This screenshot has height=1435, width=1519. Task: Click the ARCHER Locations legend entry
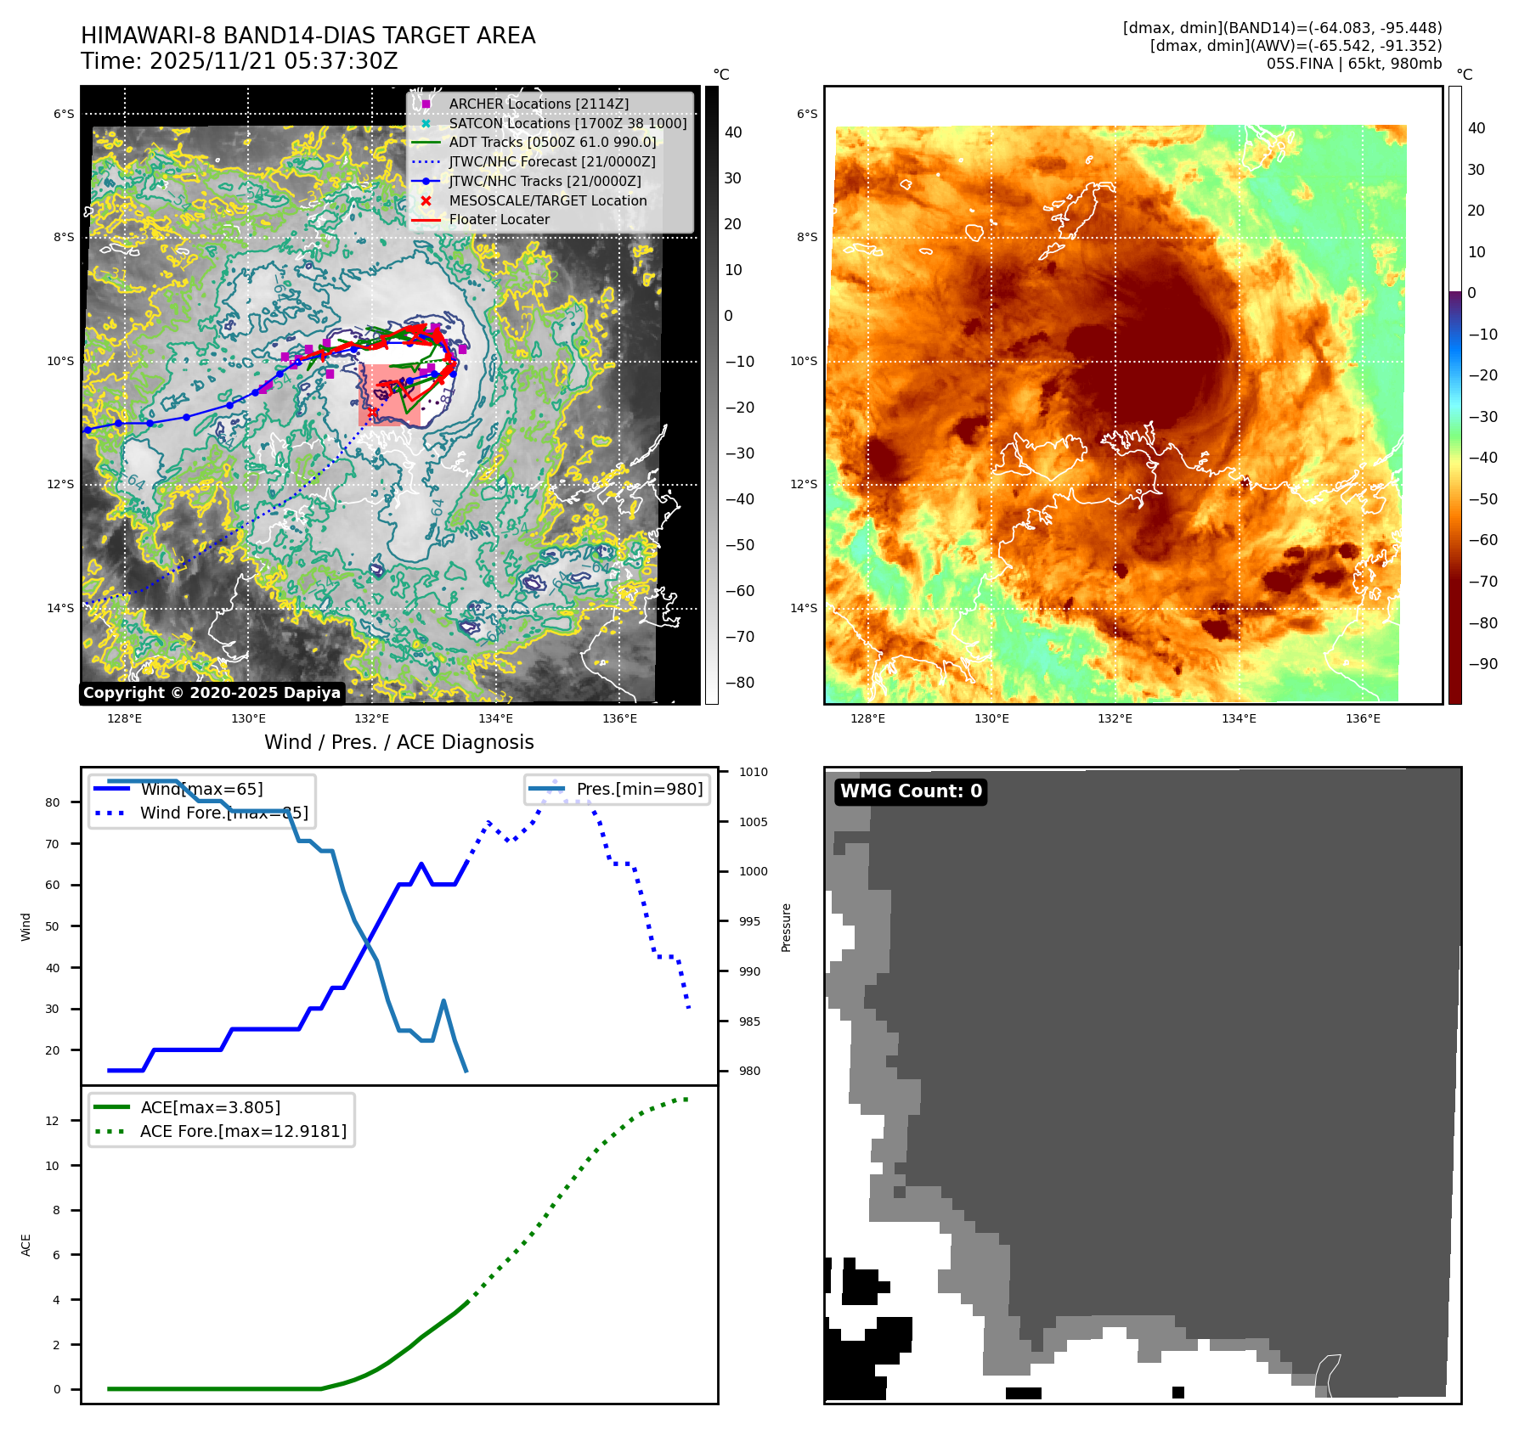point(539,104)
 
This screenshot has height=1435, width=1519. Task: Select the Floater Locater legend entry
point(499,219)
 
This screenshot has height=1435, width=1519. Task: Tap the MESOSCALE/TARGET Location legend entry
point(547,200)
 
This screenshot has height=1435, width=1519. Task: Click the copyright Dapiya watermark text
point(212,693)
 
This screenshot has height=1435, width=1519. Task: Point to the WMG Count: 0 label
point(911,791)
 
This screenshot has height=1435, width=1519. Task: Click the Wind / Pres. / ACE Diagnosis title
point(398,742)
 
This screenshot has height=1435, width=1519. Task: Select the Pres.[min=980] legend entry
point(639,789)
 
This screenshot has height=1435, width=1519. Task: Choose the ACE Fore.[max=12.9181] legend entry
point(243,1131)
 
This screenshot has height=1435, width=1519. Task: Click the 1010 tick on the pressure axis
point(753,772)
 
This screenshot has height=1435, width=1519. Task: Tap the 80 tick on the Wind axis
point(53,802)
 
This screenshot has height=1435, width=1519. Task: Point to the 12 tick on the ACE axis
point(53,1121)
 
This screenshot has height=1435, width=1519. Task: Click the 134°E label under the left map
point(495,719)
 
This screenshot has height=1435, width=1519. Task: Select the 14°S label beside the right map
point(804,608)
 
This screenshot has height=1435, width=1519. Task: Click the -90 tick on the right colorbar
point(1482,664)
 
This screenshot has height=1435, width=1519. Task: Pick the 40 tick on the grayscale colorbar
point(733,132)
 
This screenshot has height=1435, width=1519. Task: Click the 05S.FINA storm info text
point(1353,64)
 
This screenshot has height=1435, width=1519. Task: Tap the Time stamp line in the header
point(239,61)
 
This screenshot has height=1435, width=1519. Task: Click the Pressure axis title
point(787,927)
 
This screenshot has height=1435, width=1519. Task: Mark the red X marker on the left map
point(372,412)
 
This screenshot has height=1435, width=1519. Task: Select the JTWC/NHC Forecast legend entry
point(551,161)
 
